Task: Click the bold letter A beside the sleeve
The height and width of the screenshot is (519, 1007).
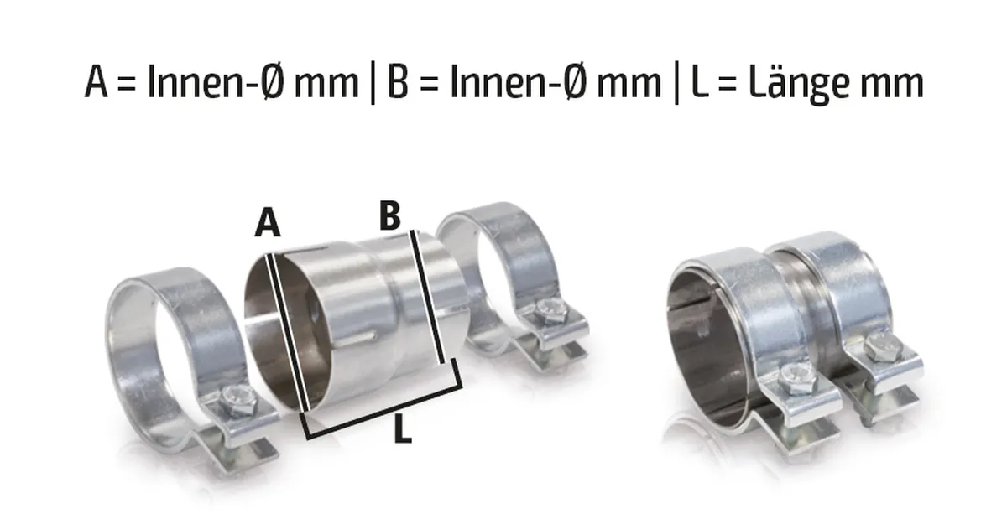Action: coord(268,223)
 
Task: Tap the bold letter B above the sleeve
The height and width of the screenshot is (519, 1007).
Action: coord(389,215)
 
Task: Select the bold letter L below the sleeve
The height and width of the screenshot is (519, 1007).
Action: coord(402,429)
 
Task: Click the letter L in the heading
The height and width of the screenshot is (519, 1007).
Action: coord(699,82)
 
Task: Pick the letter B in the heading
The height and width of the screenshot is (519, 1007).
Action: coord(398,82)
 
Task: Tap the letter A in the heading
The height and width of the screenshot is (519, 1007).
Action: coord(97,82)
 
